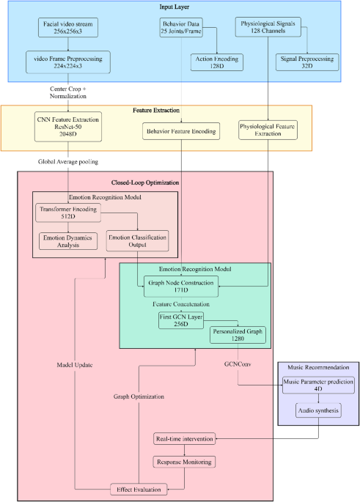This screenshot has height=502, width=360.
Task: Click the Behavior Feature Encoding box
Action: pos(180,131)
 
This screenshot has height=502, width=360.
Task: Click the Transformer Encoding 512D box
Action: pos(67,212)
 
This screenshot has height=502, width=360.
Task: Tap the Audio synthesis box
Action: pos(317,411)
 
